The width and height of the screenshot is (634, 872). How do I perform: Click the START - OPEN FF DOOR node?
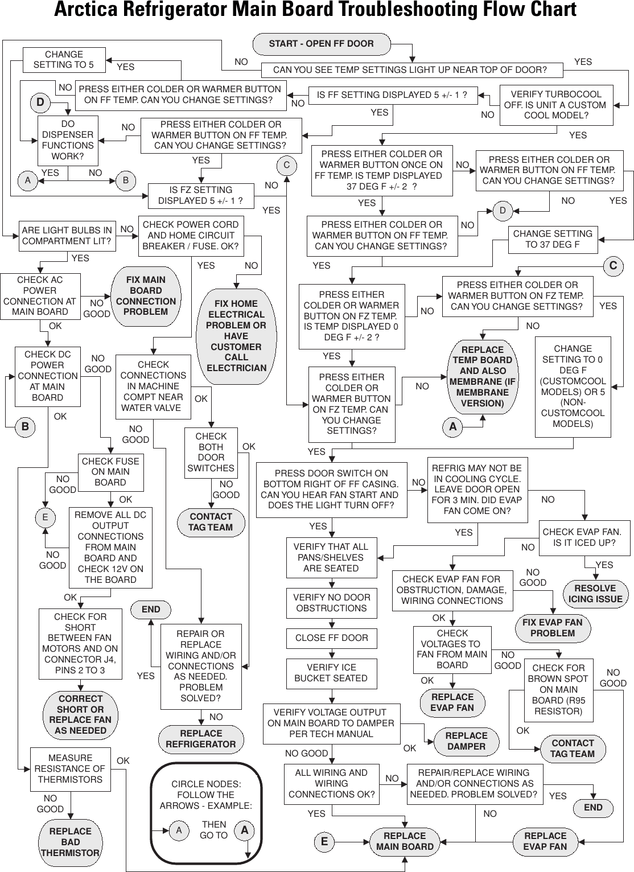pyautogui.click(x=322, y=44)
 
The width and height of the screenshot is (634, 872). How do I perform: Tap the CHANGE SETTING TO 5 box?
pyautogui.click(x=64, y=60)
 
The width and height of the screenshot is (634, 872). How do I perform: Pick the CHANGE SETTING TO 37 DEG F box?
pyautogui.click(x=552, y=239)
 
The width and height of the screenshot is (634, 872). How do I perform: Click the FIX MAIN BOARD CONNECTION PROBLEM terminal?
pyautogui.click(x=146, y=296)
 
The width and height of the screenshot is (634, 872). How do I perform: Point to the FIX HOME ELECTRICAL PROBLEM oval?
pyautogui.click(x=236, y=336)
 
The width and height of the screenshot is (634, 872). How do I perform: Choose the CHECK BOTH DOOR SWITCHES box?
pyautogui.click(x=211, y=453)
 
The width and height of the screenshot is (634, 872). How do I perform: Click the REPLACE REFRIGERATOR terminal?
pyautogui.click(x=200, y=739)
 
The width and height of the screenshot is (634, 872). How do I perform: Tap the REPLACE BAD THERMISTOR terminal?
pyautogui.click(x=70, y=842)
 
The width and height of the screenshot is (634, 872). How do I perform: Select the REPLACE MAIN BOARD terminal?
pyautogui.click(x=405, y=841)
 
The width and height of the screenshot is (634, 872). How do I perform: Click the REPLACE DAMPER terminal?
pyautogui.click(x=466, y=741)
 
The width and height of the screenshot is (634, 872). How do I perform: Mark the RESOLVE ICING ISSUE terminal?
pyautogui.click(x=595, y=594)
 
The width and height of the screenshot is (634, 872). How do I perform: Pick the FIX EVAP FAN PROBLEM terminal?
pyautogui.click(x=552, y=628)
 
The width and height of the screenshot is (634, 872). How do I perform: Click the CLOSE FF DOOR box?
pyautogui.click(x=331, y=638)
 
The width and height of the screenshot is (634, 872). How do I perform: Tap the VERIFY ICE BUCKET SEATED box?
pyautogui.click(x=331, y=673)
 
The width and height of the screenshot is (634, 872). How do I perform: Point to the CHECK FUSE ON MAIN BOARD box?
pyautogui.click(x=110, y=472)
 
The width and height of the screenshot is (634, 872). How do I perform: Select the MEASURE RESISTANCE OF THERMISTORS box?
pyautogui.click(x=70, y=769)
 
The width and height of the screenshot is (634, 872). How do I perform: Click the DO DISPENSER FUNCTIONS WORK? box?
pyautogui.click(x=68, y=140)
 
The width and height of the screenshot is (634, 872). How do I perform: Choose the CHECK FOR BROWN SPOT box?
pyautogui.click(x=558, y=689)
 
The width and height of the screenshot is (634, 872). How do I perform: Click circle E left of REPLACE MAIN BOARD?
pyautogui.click(x=324, y=842)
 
